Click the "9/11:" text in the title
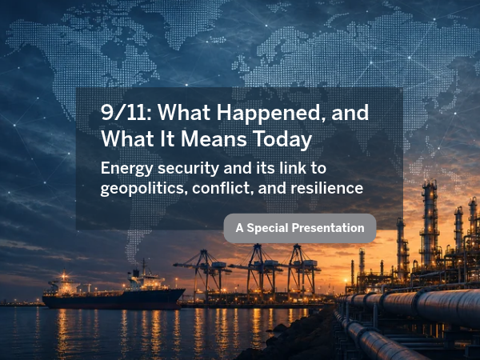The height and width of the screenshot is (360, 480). click(126, 112)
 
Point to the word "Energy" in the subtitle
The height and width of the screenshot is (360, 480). click(126, 169)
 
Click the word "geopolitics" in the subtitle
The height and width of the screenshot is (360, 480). click(143, 188)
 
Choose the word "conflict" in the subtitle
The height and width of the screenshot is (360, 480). click(222, 188)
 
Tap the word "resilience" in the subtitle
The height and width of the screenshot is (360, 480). click(327, 187)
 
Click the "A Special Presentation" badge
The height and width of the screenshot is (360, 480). click(300, 228)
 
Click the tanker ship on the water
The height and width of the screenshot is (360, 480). click(114, 291)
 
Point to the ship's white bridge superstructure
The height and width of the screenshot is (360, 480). click(145, 279)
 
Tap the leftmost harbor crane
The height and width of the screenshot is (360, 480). click(203, 273)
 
